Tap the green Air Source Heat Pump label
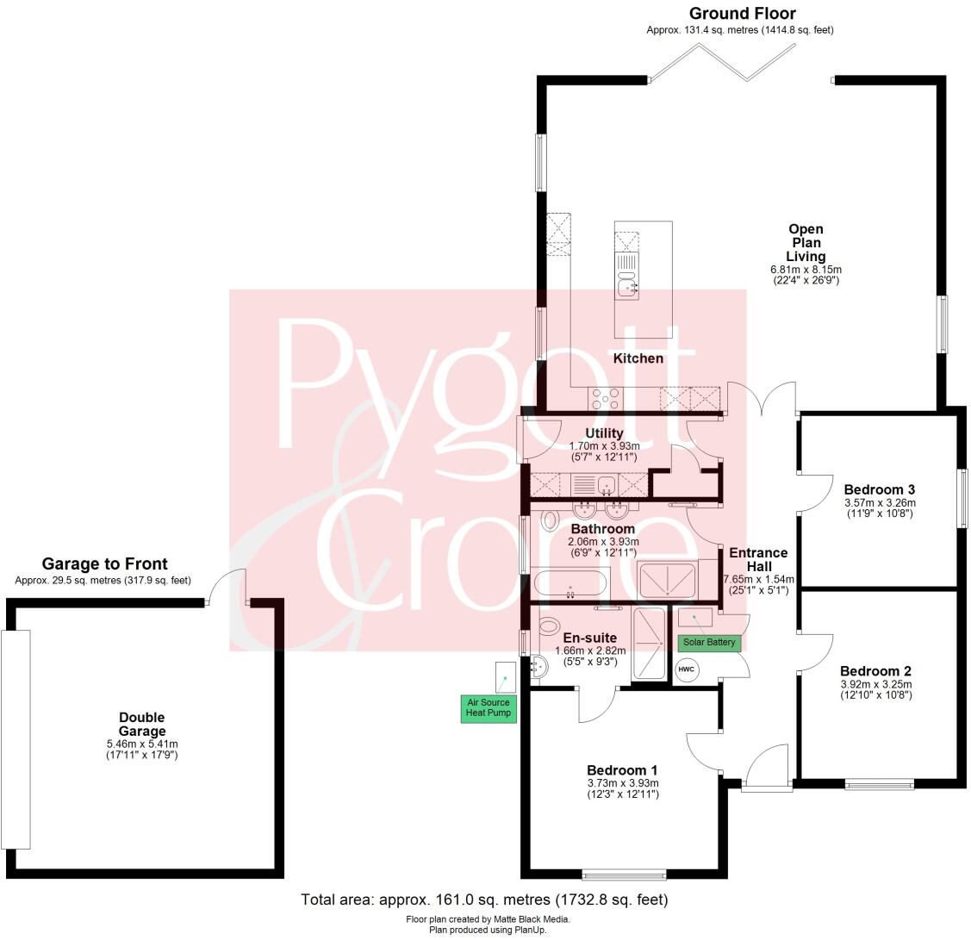pos(488,708)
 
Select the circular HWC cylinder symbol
pos(686,669)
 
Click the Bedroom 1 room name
pos(622,770)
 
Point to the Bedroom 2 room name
pos(875,671)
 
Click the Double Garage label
pos(141,724)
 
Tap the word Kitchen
pos(638,358)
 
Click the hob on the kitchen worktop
pos(605,398)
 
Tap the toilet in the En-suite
pos(547,627)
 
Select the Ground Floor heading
pos(742,14)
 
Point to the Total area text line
pos(484,900)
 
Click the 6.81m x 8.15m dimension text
pos(806,270)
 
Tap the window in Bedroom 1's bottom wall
pos(624,875)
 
